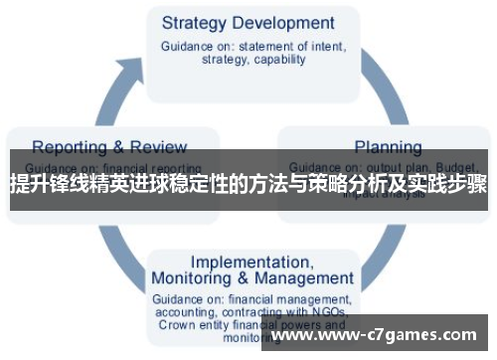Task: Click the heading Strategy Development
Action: click(x=248, y=22)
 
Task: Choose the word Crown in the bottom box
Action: click(x=175, y=324)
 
